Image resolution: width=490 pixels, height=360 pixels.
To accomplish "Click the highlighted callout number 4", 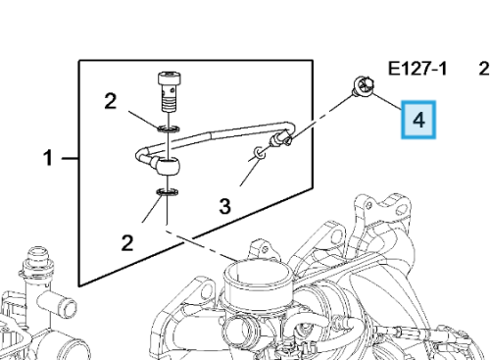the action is tap(418, 120).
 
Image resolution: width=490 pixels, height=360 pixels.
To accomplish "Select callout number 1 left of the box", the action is tap(48, 158).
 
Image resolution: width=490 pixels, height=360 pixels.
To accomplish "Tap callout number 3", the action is tap(224, 206).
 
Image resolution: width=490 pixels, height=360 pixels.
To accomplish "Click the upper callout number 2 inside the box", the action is tap(111, 101).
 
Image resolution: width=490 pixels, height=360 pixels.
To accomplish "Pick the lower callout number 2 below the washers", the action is tap(127, 243).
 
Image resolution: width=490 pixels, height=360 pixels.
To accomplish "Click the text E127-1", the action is tap(417, 70).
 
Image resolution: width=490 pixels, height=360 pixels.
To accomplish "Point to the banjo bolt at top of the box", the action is tap(170, 91).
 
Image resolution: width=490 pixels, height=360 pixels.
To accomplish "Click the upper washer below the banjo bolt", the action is tap(169, 129).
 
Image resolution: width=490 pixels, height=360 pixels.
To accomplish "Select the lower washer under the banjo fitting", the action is tap(168, 192).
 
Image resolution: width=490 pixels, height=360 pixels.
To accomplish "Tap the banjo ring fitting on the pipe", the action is tap(168, 166).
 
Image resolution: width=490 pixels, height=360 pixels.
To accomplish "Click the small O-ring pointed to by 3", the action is tap(260, 153).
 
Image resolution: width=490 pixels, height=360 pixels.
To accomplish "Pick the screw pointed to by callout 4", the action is tap(363, 86).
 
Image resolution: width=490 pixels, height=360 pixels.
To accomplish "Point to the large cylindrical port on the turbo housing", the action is tap(258, 278).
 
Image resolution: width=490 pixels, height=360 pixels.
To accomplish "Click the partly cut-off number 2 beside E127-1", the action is tap(484, 70).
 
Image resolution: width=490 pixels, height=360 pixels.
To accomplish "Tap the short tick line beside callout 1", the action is tap(70, 159).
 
